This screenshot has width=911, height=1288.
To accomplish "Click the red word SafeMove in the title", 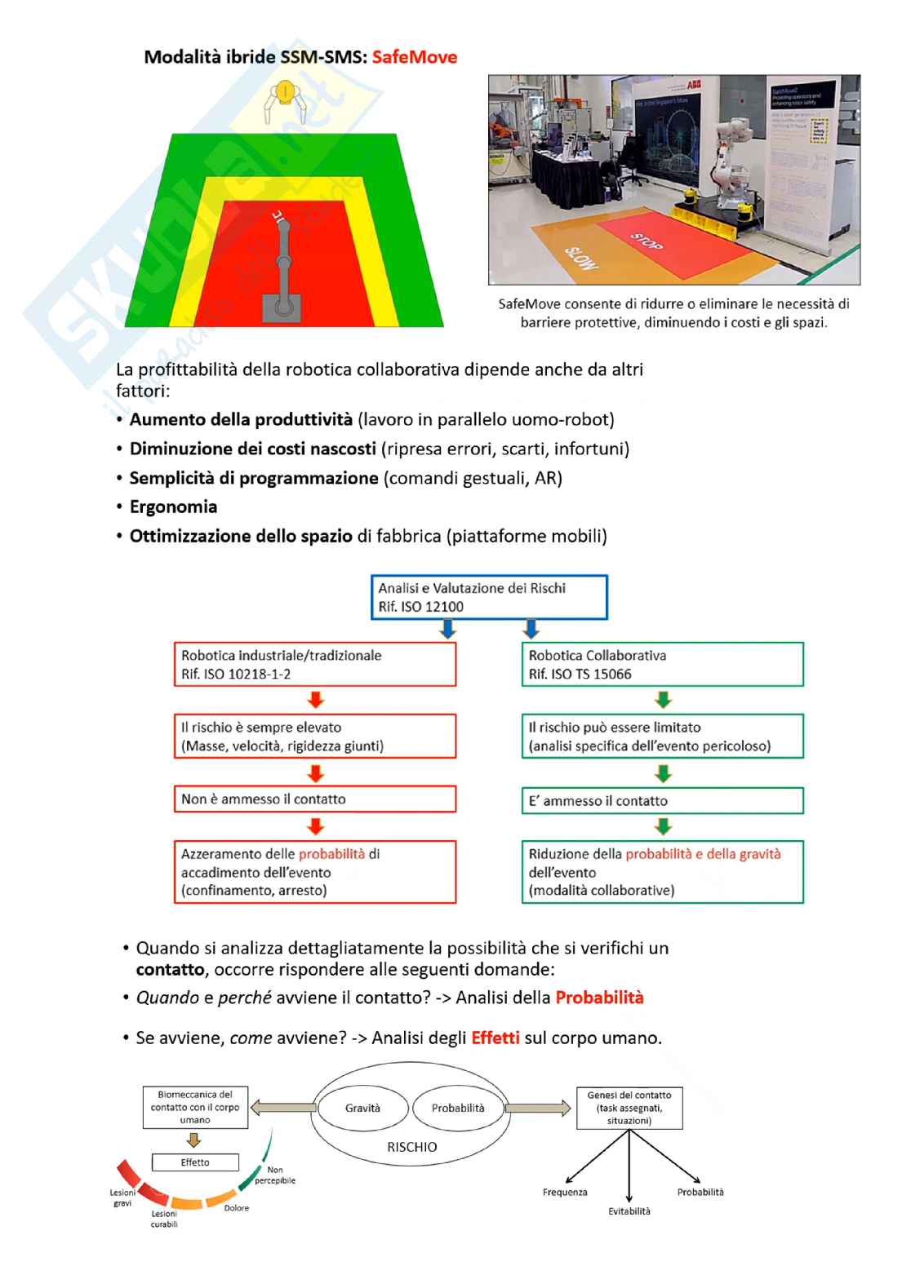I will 414,57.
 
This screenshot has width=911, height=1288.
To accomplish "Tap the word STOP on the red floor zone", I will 647,241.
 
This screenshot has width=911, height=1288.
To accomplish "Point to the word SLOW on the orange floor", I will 580,257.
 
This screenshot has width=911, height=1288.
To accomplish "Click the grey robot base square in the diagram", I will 281,308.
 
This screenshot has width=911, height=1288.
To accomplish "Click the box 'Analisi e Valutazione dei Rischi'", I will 489,597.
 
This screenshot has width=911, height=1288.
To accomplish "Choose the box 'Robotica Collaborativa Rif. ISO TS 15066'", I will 662,664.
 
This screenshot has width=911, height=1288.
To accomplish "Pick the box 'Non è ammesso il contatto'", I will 314,799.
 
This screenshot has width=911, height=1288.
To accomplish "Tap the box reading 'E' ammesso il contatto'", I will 662,801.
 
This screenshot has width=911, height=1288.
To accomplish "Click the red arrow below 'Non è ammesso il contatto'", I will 316,826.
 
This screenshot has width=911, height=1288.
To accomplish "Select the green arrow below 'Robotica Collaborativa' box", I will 664,700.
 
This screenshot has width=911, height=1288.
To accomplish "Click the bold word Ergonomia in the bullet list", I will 173,507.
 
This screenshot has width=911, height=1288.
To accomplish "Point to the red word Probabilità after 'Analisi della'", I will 599,998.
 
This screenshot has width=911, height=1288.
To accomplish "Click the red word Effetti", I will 495,1038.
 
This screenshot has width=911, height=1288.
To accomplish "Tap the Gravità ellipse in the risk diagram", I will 362,1108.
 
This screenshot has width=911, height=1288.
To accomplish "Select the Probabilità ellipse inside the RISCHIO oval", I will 458,1108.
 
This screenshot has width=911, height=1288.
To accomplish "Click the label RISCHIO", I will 411,1147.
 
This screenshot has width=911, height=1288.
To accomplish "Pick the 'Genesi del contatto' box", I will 629,1108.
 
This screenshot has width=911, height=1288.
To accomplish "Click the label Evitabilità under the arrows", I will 629,1211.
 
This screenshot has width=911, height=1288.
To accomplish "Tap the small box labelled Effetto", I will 195,1162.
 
